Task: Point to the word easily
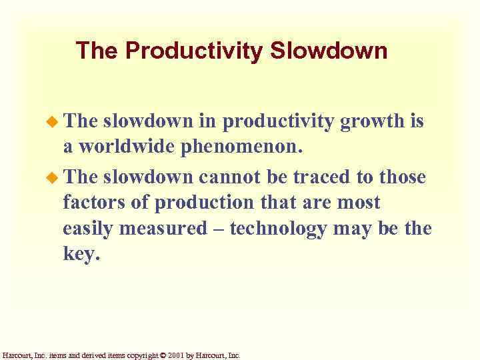tap(89, 228)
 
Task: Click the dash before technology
tap(223, 228)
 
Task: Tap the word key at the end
tap(80, 255)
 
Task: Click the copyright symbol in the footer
tap(163, 355)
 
